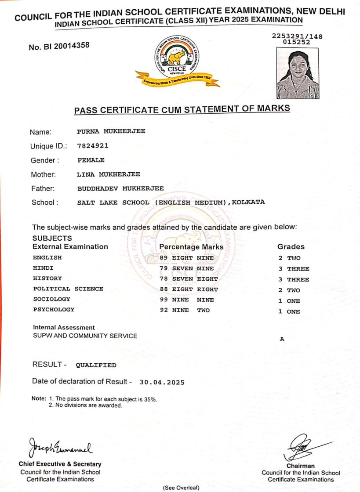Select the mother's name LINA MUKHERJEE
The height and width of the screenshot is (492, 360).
point(109,174)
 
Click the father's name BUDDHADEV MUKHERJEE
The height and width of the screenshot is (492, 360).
point(120,188)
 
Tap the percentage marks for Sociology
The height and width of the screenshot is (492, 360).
point(187,300)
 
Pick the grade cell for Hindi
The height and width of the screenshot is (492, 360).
point(293,269)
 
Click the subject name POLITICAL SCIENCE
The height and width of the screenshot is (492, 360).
point(68,289)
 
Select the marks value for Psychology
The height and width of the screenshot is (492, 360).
point(185,310)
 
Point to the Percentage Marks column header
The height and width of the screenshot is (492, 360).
point(191,247)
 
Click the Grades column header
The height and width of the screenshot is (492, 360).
point(291,247)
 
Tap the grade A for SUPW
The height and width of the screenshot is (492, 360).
point(281,339)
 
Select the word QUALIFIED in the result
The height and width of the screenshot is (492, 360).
point(96,365)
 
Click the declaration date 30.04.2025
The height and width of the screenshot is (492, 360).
point(162,382)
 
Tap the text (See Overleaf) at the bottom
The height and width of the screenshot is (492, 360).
point(181,488)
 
